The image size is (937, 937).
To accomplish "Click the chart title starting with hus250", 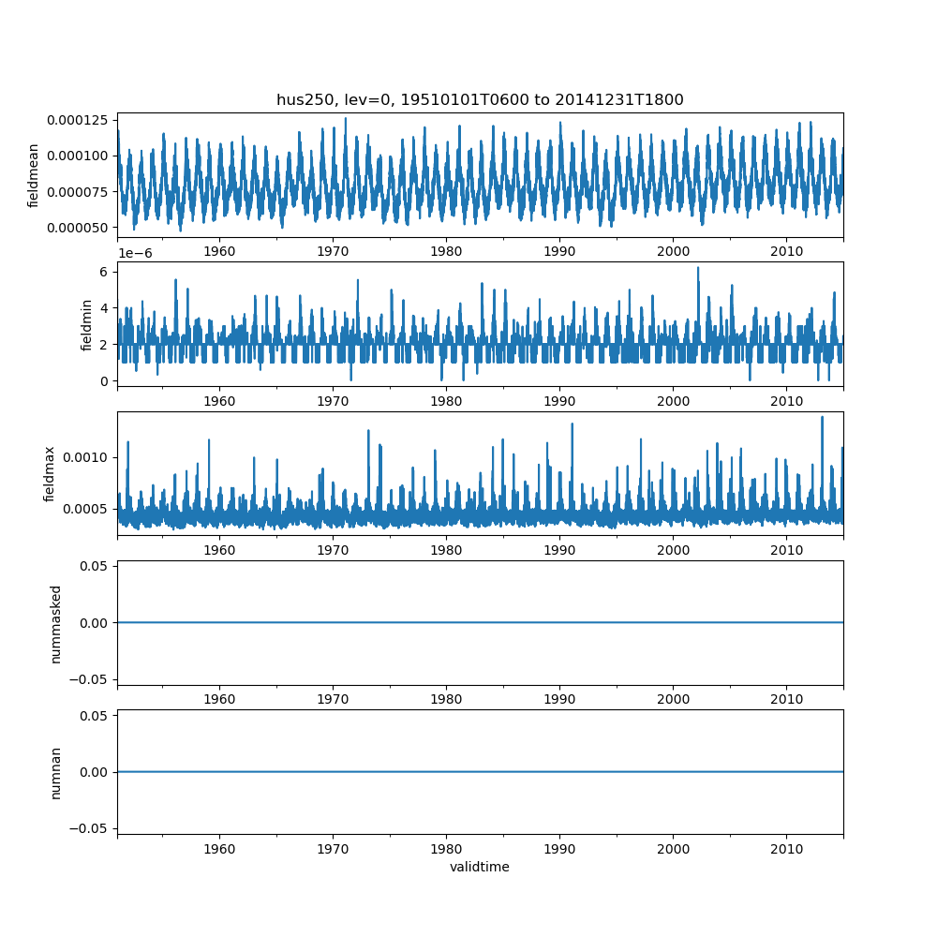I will [480, 99].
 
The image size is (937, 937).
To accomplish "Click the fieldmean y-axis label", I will [34, 175].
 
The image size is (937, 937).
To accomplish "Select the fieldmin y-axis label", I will [87, 324].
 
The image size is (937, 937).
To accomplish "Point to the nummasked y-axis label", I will [56, 623].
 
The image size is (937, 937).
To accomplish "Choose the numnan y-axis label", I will [56, 772].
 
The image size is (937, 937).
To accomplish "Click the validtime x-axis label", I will [480, 867].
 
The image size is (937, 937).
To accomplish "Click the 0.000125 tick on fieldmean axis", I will [81, 120].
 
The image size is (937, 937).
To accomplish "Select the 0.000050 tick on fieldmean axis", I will [81, 228].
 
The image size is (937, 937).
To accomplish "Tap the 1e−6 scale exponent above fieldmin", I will [135, 253].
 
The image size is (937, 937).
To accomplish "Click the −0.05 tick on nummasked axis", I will [86, 678].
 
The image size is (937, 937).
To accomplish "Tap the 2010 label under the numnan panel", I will [786, 849].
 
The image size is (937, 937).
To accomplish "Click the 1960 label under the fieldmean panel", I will [219, 251].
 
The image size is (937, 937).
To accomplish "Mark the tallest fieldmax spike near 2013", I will [822, 418].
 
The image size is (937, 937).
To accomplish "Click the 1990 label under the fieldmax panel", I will [559, 550].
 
